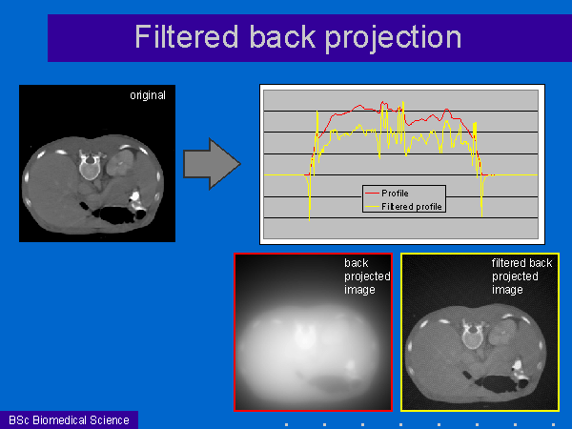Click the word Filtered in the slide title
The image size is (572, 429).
(x=187, y=36)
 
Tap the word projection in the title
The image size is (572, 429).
(x=393, y=39)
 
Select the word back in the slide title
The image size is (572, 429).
(x=282, y=36)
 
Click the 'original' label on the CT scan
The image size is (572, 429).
(x=148, y=95)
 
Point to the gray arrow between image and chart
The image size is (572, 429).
(x=212, y=164)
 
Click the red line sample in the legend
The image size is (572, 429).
(x=372, y=193)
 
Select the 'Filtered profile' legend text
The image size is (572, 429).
(x=412, y=207)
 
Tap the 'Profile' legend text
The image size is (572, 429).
(x=395, y=193)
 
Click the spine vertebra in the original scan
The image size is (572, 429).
(x=90, y=165)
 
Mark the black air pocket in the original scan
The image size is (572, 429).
(x=115, y=215)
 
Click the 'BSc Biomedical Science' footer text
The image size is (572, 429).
(x=69, y=420)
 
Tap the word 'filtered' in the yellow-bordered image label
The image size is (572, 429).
(x=508, y=263)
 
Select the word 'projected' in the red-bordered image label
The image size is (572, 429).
(x=367, y=276)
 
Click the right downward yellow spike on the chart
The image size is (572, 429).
(x=481, y=196)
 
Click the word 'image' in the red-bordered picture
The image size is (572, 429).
(x=359, y=290)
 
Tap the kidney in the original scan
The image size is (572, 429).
(x=120, y=163)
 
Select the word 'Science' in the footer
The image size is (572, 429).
(x=110, y=420)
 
